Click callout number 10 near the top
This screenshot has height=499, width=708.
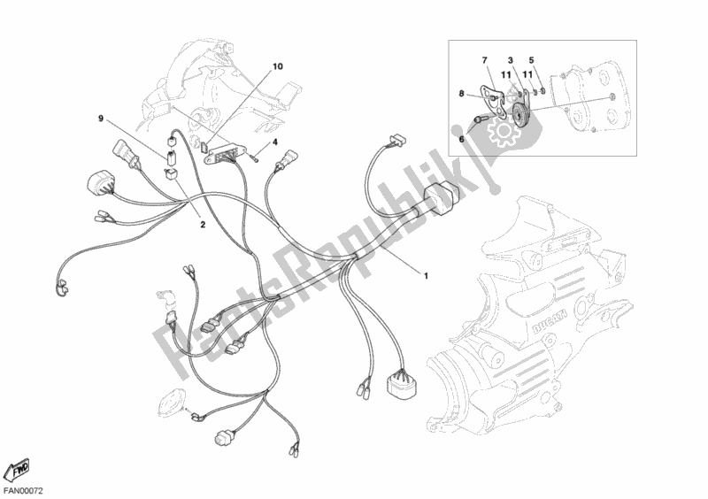click(278, 66)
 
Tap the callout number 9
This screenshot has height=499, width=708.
click(101, 118)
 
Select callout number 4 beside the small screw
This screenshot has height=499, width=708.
click(275, 142)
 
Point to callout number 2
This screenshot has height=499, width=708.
click(202, 225)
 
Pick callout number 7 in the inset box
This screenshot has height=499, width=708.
click(484, 59)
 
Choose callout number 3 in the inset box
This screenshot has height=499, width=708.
click(510, 59)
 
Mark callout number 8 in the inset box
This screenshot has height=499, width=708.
click(461, 92)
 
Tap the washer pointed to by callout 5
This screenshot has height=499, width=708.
click(538, 86)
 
